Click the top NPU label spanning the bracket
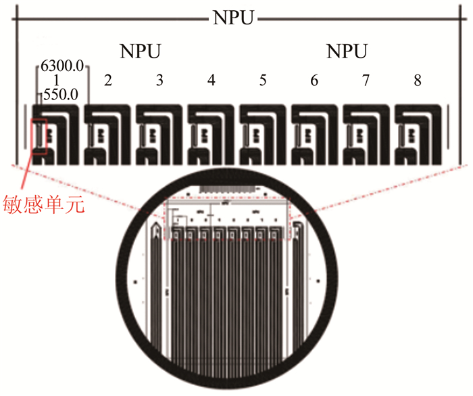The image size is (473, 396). click(234, 17)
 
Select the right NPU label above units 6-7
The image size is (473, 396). click(347, 52)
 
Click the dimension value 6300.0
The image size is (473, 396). click(61, 67)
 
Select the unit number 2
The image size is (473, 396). click(107, 81)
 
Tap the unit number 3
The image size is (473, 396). click(159, 81)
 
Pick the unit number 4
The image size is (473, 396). click(211, 81)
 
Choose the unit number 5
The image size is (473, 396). click(263, 81)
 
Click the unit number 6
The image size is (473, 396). click(314, 81)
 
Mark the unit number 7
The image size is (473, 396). click(366, 81)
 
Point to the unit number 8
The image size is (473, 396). click(418, 81)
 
